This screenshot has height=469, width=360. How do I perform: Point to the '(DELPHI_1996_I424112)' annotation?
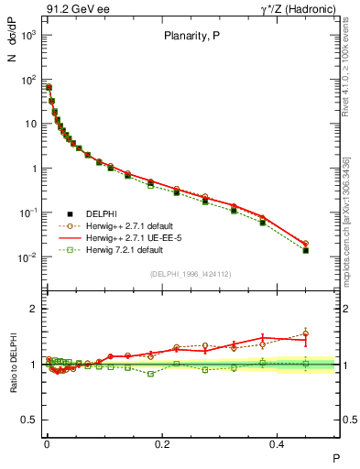[191, 274]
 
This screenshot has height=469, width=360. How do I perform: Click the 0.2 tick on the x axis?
[163, 442]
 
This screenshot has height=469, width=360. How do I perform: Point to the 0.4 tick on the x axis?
[280, 442]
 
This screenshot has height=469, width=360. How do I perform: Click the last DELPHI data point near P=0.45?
[306, 250]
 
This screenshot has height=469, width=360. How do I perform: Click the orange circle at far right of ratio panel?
[306, 333]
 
